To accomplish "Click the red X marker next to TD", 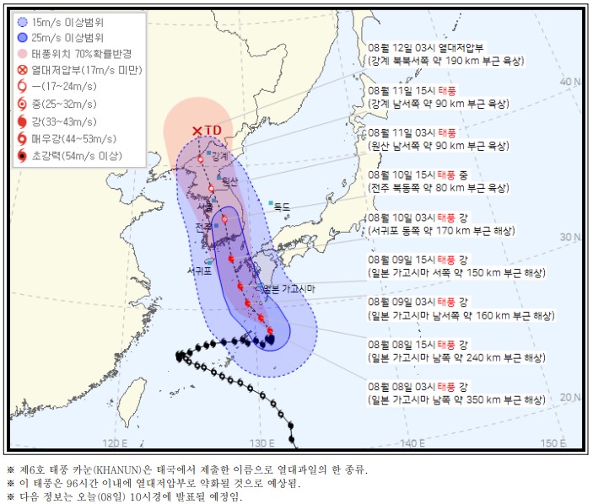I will [197, 131].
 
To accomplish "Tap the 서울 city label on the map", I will [205, 207].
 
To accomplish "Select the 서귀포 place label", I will [203, 271].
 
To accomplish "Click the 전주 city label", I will [203, 227].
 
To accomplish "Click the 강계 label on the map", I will [220, 157].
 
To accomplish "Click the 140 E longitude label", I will [411, 442].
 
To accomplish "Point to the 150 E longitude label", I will [553, 442].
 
